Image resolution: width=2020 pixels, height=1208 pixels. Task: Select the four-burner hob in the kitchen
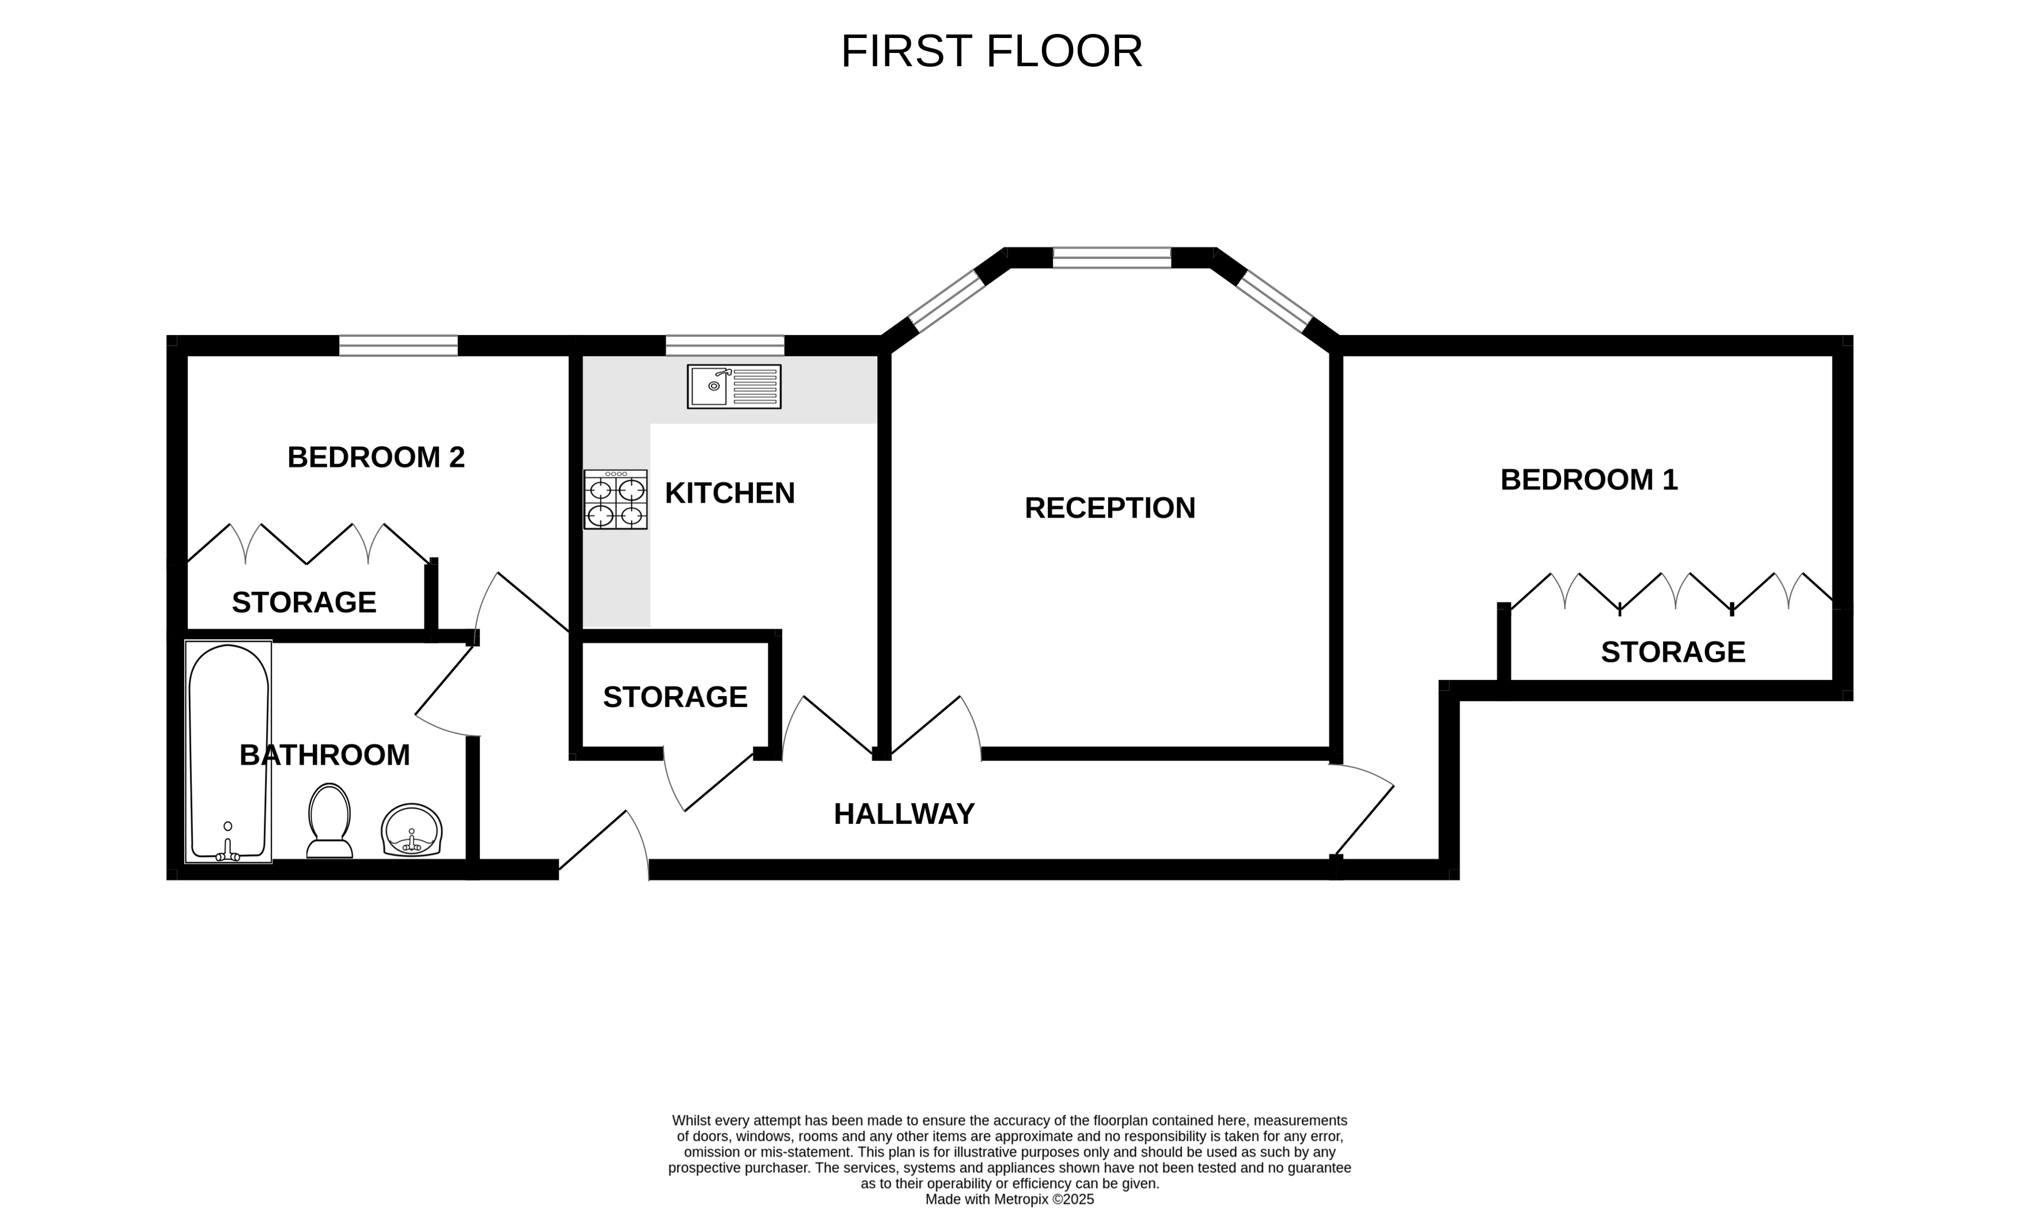(616, 499)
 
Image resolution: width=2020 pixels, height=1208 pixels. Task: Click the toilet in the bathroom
(329, 820)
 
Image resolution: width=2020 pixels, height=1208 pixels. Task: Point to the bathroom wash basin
(411, 830)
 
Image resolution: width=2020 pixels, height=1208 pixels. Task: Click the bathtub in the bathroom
(229, 751)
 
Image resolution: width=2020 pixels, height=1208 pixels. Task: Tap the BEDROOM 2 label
(376, 458)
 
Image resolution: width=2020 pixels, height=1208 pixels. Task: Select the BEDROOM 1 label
(1589, 480)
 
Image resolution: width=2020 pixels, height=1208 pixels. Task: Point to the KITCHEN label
(730, 493)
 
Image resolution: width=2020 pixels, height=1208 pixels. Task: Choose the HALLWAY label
(904, 814)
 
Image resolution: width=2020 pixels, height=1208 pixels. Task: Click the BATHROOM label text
(324, 755)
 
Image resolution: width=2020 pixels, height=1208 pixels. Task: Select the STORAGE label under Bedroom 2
(304, 602)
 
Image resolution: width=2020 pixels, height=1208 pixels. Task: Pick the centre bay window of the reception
(1111, 257)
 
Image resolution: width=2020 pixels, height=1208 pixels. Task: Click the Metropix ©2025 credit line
(1010, 1199)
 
